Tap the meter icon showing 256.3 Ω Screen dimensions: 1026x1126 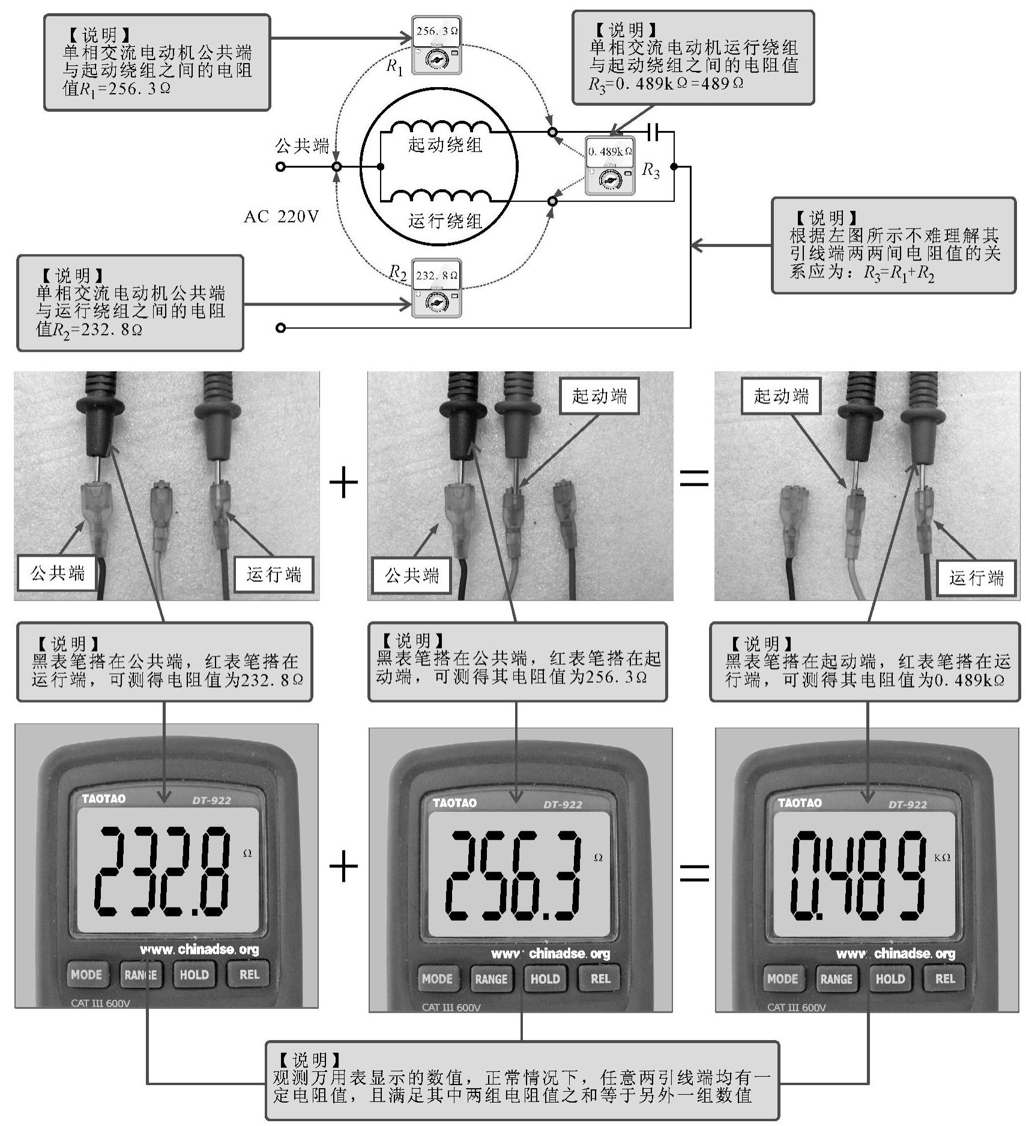click(x=436, y=46)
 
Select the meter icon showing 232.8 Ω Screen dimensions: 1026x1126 click(x=436, y=288)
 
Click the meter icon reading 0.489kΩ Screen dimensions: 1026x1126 click(x=609, y=165)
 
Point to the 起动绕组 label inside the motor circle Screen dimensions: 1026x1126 click(x=445, y=145)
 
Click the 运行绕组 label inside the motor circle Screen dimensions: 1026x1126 click(x=445, y=221)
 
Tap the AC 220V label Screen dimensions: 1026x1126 click(x=281, y=217)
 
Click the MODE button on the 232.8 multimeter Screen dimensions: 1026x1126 click(x=86, y=974)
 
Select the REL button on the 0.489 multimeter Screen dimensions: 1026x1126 click(x=944, y=978)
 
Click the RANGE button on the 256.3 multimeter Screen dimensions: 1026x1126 click(x=491, y=979)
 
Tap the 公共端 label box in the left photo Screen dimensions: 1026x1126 click(x=58, y=574)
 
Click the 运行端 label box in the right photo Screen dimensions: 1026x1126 click(x=976, y=578)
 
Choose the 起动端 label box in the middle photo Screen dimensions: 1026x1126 click(x=599, y=396)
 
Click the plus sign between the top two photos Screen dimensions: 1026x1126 click(x=343, y=483)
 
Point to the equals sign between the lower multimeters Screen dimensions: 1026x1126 click(x=694, y=872)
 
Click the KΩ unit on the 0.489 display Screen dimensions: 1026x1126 click(x=943, y=857)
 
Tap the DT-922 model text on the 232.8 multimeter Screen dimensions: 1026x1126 click(x=211, y=801)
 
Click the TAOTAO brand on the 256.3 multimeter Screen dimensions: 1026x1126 click(x=454, y=803)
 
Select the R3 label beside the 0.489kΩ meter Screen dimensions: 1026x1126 click(x=651, y=171)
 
